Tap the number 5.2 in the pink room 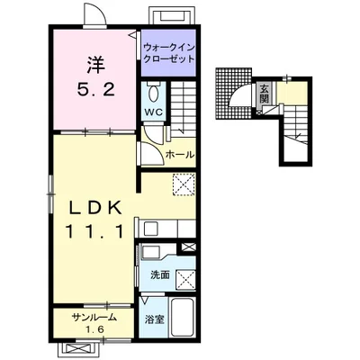coord(96,89)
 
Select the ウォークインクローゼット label coord(169,53)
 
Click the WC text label coord(154,112)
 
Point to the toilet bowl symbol coord(155,94)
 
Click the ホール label coord(180,155)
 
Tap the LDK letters coord(96,208)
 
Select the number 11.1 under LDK coord(94,231)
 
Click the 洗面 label coord(160,274)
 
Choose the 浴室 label coord(155,320)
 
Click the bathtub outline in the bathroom coord(182,317)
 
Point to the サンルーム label coord(94,318)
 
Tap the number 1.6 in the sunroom coord(94,330)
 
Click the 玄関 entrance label coord(264,94)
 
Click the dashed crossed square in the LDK coord(184,184)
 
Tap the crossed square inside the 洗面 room coord(185,280)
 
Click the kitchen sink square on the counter coord(149,229)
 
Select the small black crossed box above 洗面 coord(188,247)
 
